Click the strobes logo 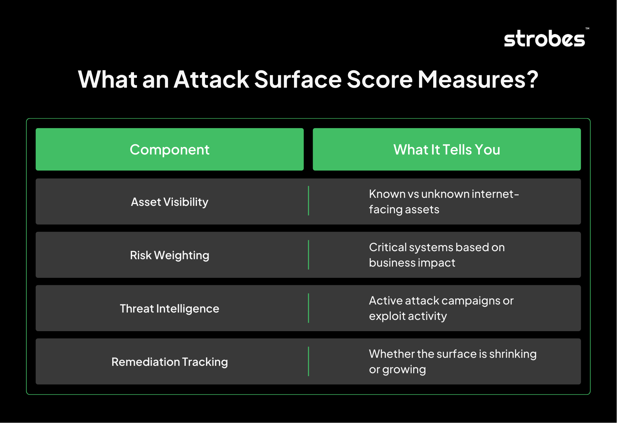click(544, 39)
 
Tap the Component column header click(170, 149)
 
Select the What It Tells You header click(447, 149)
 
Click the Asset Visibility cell click(170, 202)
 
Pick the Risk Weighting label click(170, 255)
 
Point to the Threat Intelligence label click(170, 308)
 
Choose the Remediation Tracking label click(170, 362)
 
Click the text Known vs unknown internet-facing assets click(444, 201)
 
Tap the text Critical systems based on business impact click(437, 255)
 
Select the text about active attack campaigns click(441, 308)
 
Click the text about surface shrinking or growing click(453, 361)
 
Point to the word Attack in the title click(211, 79)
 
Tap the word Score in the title click(380, 79)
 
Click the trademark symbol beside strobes click(587, 29)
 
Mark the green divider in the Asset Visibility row click(308, 201)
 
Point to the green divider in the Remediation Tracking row click(308, 361)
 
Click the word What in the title click(108, 79)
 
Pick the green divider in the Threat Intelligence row click(308, 308)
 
